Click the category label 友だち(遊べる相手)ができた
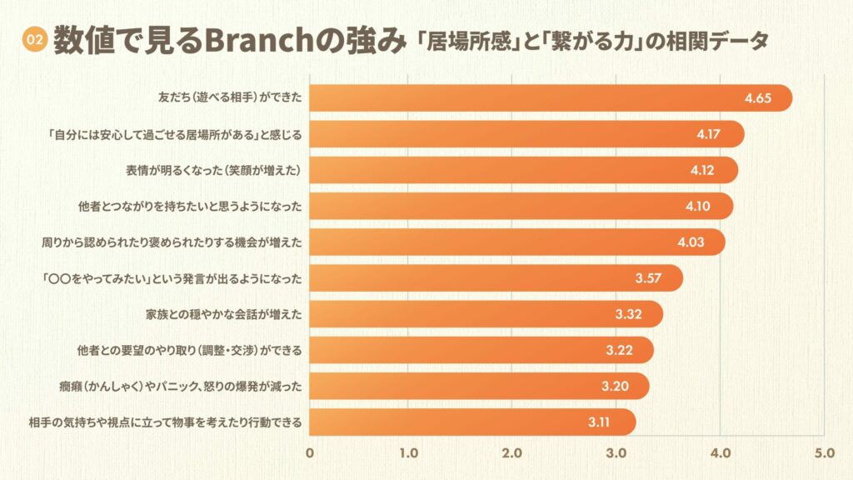pyautogui.click(x=229, y=98)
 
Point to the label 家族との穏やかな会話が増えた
pyautogui.click(x=222, y=314)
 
